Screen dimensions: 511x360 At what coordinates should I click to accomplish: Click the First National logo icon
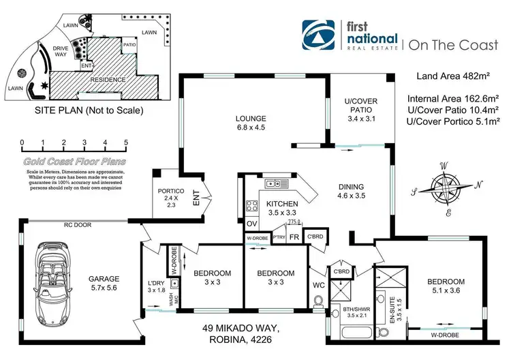pos(320,35)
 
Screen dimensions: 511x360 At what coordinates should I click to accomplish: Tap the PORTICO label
pos(166,198)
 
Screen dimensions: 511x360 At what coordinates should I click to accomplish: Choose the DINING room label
pos(351,187)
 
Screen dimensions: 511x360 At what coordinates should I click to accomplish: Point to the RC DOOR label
pos(78,223)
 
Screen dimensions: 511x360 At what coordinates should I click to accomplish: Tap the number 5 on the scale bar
pos(126,143)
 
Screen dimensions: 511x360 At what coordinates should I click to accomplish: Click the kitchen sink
pos(275,183)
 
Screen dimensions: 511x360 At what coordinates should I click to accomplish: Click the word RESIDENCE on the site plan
pos(108,79)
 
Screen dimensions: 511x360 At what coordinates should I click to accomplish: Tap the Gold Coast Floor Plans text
pos(74,162)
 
